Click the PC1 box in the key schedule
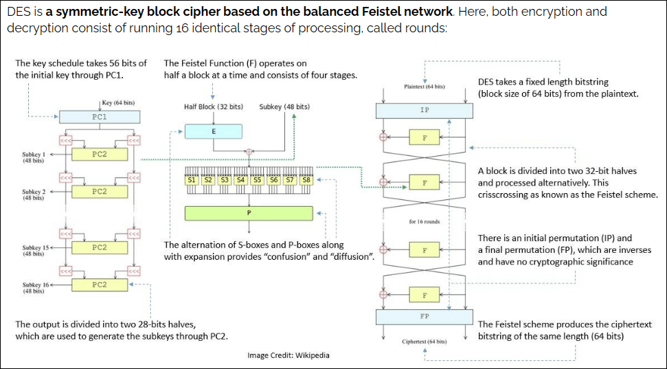99,118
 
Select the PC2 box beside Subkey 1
99,155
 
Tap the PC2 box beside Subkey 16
99,284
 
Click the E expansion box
213,131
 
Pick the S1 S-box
192,179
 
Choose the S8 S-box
306,179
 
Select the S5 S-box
258,179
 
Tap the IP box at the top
425,110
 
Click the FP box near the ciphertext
425,317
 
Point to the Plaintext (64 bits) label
425,87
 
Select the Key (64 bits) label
117,102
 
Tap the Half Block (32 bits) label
213,107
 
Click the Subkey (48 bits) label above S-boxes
284,107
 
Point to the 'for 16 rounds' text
424,221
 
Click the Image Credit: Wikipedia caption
289,355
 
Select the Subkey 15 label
34,250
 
